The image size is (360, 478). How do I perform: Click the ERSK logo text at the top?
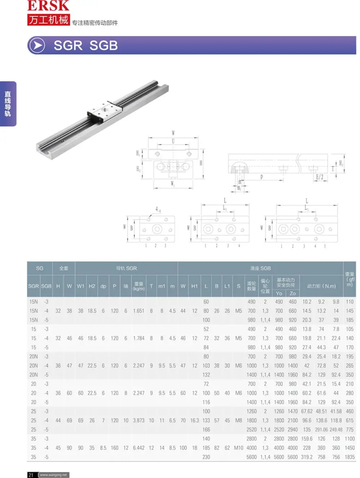pyautogui.click(x=48, y=6)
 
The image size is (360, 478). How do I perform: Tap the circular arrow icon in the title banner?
pyautogui.click(x=37, y=46)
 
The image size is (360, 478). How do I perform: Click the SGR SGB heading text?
pyautogui.click(x=86, y=46)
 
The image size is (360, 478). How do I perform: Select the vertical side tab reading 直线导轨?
pyautogui.click(x=8, y=104)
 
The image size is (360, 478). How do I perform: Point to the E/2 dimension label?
pyautogui.click(x=319, y=177)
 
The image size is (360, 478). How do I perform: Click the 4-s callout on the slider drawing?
pyautogui.click(x=158, y=209)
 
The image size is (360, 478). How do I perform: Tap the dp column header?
pyautogui.click(x=103, y=286)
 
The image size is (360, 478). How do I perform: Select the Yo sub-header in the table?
pyautogui.click(x=279, y=293)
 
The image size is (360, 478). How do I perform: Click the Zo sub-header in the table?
pyautogui.click(x=293, y=293)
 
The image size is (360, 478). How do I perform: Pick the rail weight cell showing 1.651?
pyautogui.click(x=139, y=311)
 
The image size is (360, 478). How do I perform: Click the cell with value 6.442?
pyautogui.click(x=139, y=448)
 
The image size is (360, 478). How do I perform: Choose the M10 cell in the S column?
pyautogui.click(x=239, y=448)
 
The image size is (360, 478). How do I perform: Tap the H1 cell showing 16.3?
pyautogui.click(x=194, y=420)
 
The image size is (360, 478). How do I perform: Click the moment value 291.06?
pyautogui.click(x=321, y=430)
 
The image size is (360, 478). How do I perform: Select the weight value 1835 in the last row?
pyautogui.click(x=350, y=457)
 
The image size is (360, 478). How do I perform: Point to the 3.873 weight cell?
pyautogui.click(x=139, y=420)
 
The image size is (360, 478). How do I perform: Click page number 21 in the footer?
pyautogui.click(x=31, y=475)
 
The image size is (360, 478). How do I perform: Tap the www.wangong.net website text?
pyautogui.click(x=53, y=475)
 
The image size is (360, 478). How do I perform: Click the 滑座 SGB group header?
pyautogui.click(x=260, y=269)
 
